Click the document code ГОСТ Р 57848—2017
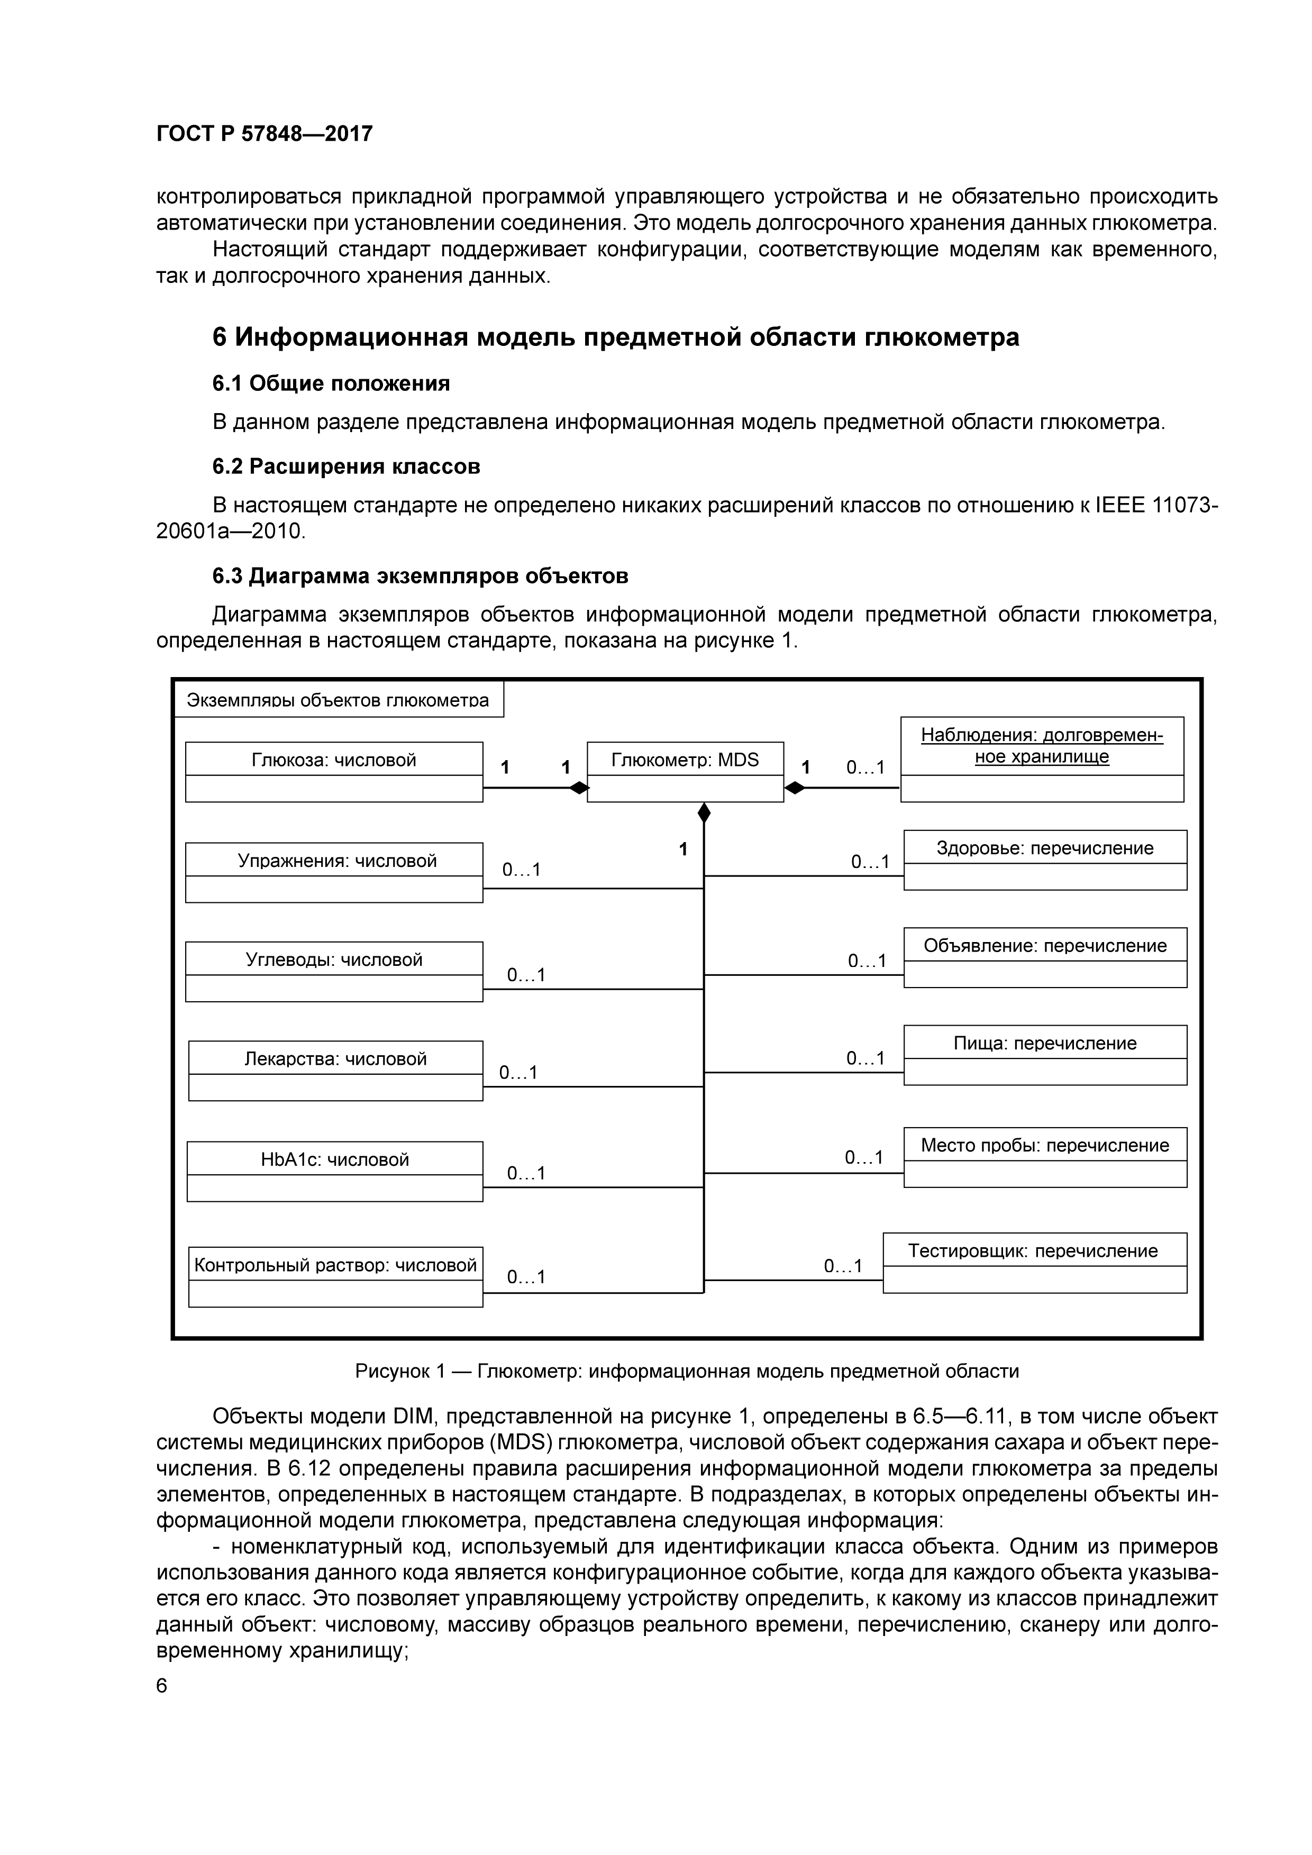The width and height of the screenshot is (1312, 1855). [264, 134]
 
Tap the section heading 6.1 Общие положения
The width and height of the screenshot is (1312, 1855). [331, 383]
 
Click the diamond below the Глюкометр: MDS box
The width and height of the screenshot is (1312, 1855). [704, 813]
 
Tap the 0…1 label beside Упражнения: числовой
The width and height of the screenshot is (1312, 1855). [521, 870]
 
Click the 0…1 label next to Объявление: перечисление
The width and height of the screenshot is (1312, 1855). [867, 961]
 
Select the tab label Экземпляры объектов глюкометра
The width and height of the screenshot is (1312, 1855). [338, 700]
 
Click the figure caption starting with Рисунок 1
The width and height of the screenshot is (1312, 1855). [687, 1371]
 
